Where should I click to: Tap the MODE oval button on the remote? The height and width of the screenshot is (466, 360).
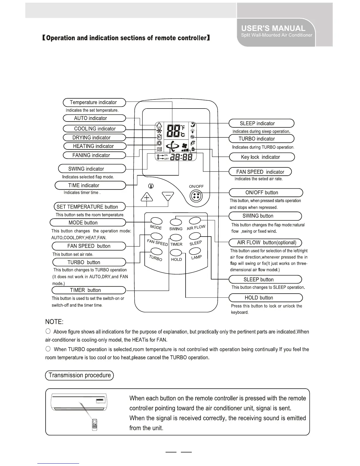click(x=156, y=221)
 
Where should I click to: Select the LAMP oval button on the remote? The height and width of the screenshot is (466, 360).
click(x=195, y=251)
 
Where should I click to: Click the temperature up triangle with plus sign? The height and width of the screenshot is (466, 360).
click(x=147, y=196)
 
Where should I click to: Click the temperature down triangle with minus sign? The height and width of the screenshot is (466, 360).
click(x=168, y=196)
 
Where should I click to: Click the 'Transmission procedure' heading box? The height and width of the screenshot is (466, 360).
click(x=79, y=375)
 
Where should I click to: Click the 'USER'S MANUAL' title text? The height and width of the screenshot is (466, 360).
click(x=273, y=28)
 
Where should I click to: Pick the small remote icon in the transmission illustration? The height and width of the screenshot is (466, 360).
click(x=94, y=425)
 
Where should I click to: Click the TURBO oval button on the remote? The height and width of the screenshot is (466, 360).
click(x=156, y=251)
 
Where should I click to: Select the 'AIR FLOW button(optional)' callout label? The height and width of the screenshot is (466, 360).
click(x=265, y=243)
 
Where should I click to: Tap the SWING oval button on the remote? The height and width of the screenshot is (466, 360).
click(x=176, y=222)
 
